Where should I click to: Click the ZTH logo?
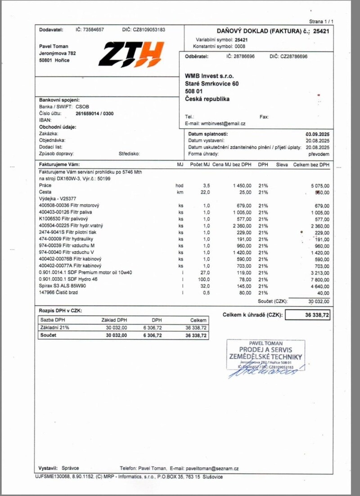click(x=130, y=54)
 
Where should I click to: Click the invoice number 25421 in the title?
click(x=321, y=31)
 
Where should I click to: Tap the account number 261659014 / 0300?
click(x=94, y=113)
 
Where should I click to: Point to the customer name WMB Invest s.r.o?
click(x=209, y=76)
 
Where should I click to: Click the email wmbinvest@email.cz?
click(x=223, y=123)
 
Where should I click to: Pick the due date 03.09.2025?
click(x=317, y=134)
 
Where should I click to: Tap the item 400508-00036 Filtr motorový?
click(x=69, y=206)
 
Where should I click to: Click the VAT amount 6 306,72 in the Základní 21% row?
click(x=154, y=328)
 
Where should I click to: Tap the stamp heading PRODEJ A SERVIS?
click(x=265, y=350)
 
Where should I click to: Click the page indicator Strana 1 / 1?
click(x=321, y=22)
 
